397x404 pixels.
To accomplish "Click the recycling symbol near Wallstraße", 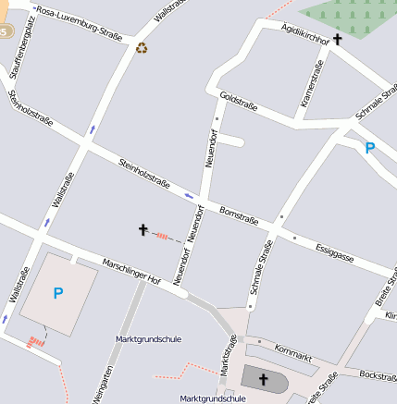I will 142,47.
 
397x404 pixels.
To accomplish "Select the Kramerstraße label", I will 310,84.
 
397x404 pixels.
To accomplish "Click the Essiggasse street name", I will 334,249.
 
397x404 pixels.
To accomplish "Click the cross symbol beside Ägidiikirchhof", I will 338,40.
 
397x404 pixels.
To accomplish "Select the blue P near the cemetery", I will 370,147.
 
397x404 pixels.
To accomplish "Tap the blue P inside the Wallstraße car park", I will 57,294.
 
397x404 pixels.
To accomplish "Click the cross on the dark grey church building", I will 263,379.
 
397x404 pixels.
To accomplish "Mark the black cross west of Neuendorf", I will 143,228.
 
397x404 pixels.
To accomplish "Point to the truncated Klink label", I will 390,316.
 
